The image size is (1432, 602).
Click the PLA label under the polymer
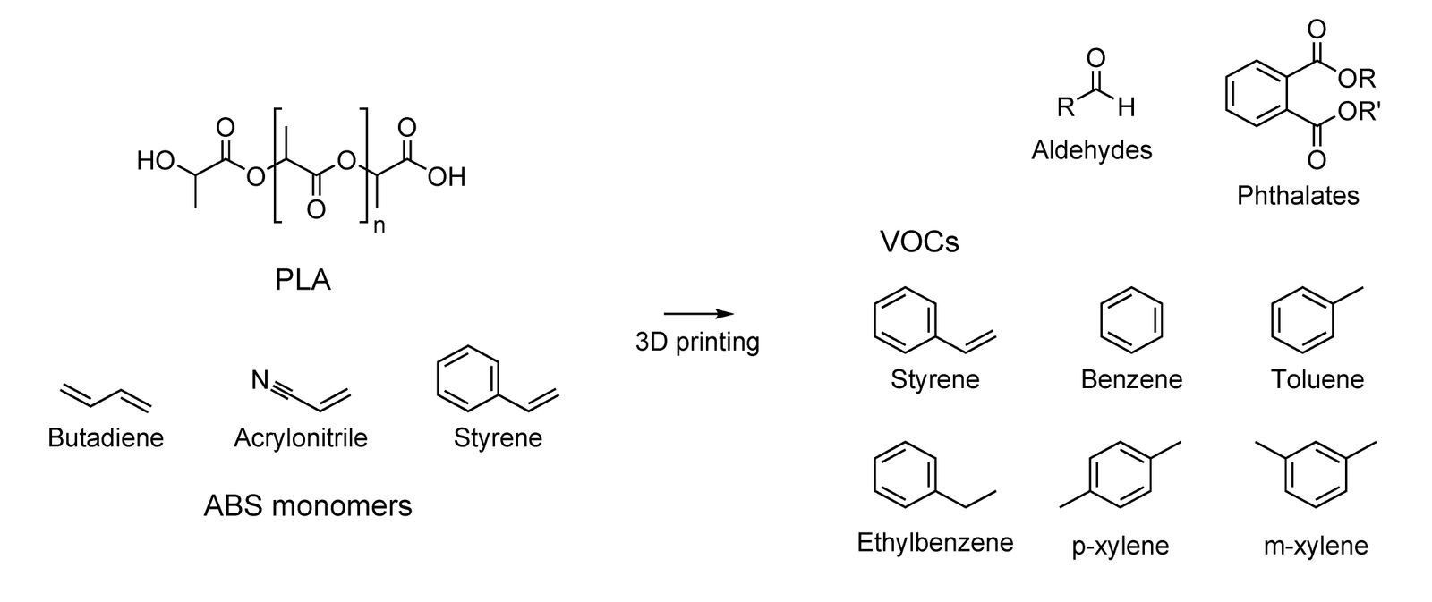point(303,281)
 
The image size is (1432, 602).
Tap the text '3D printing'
point(697,342)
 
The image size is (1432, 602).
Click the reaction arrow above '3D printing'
point(698,314)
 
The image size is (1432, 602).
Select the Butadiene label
point(106,438)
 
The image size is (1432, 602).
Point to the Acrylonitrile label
point(301,438)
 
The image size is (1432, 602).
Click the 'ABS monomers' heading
point(308,506)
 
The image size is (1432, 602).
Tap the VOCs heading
point(919,242)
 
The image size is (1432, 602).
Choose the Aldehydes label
point(1091,149)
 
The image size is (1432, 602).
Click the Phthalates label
point(1298,195)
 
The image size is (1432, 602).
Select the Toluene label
point(1317,379)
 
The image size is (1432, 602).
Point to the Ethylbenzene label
point(935,542)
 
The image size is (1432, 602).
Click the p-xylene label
point(1121,546)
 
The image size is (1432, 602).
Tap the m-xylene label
point(1316,546)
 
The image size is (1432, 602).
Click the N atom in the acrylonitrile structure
point(260,382)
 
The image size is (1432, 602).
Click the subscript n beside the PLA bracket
point(379,225)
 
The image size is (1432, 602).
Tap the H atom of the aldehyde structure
point(1126,108)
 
